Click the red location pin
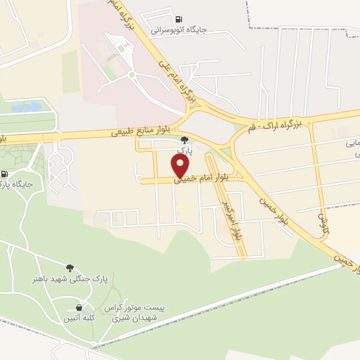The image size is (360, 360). [181, 166]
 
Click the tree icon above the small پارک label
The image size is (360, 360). [185, 140]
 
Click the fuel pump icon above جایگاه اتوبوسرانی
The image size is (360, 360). [177, 18]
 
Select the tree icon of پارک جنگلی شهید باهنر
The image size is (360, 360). [70, 267]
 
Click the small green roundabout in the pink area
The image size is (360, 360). [131, 74]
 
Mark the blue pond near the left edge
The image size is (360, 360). [26, 108]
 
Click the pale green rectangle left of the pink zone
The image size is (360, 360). [70, 71]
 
